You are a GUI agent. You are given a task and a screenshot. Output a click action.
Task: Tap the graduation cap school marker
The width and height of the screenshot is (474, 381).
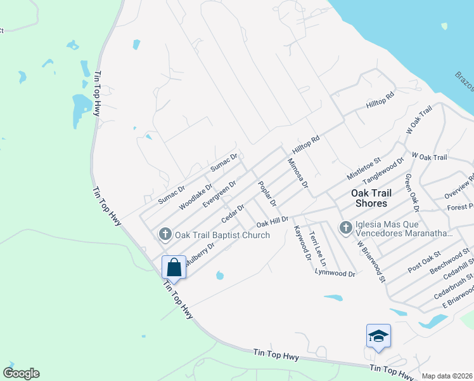pos(378,336)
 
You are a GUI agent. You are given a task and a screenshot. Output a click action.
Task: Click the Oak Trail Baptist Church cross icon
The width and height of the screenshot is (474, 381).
pos(165,235)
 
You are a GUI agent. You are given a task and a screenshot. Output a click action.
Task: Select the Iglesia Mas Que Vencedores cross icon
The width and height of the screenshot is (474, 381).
pos(346,227)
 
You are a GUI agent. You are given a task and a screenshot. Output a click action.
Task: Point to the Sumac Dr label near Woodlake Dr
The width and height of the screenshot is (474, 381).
pos(171,190)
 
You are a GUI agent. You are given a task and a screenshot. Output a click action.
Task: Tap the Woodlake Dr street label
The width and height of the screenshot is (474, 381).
pos(195,197)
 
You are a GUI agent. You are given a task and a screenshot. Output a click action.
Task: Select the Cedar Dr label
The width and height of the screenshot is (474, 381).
pos(233,213)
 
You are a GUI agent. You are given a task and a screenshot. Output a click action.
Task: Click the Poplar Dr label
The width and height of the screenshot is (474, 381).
pos(267,194)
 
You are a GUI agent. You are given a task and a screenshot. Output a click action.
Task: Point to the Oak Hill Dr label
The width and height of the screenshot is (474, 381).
pos(272,222)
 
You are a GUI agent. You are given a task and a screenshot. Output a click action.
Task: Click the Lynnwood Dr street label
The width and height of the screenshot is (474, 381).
pos(335,273)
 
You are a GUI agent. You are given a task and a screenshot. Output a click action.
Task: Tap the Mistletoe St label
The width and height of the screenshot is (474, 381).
pos(362,168)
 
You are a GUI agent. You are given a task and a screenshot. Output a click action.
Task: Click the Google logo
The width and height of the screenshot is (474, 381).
pos(21,373)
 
